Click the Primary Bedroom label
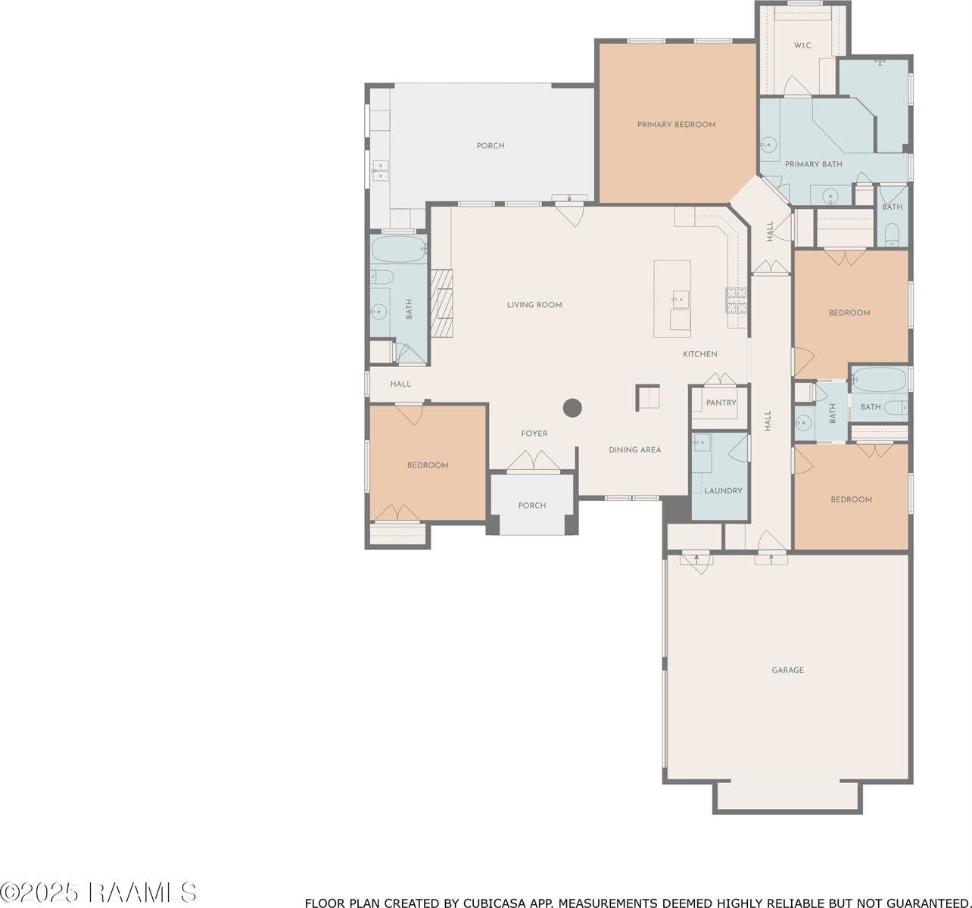tap(676, 125)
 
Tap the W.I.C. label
tap(803, 45)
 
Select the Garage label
tap(787, 670)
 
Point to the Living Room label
tap(534, 305)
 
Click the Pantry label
tap(721, 403)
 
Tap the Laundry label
tap(723, 490)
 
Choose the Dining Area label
tap(635, 449)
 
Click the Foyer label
tap(534, 434)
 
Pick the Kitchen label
tap(700, 354)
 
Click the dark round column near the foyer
tap(572, 408)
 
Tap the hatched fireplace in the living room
tap(441, 303)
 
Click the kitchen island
tap(672, 299)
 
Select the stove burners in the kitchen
tap(736, 300)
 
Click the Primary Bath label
tap(814, 164)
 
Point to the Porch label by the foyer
tap(532, 505)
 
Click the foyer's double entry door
tap(534, 462)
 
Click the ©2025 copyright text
tap(39, 892)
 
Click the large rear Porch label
tap(491, 146)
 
